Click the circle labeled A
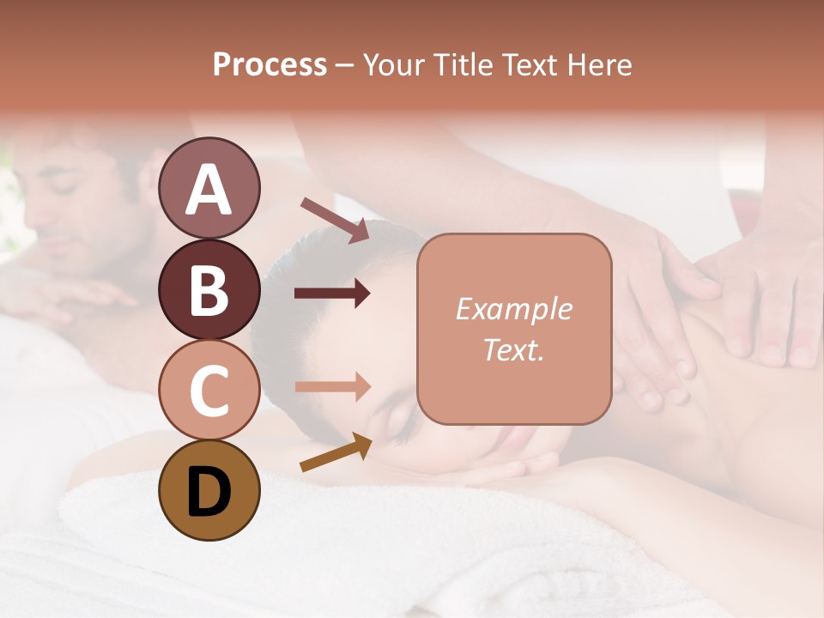click(209, 188)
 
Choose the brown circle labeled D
click(209, 490)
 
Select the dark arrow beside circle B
click(332, 294)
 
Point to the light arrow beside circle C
click(332, 387)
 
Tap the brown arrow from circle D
click(336, 452)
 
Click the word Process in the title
click(270, 65)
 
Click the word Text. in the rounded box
click(513, 350)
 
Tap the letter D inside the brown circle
click(209, 492)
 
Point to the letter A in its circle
click(209, 190)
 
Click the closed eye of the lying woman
click(401, 417)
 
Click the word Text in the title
click(528, 65)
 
